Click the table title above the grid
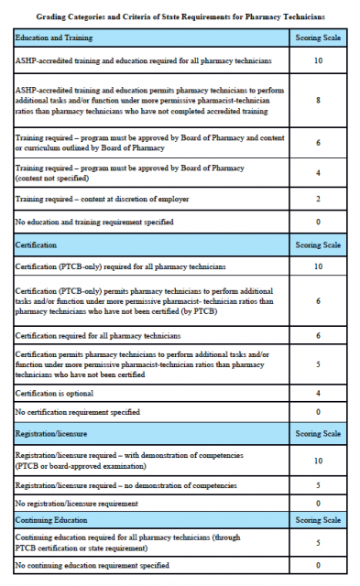point(179,17)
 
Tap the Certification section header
point(38,245)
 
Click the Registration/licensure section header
point(51,434)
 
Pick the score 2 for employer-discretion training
point(318,198)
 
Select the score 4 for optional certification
point(318,393)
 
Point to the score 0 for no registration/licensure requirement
point(318,504)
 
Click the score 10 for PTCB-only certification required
point(318,266)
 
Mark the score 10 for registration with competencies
point(318,461)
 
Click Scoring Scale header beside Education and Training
point(318,39)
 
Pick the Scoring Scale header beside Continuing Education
point(318,520)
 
